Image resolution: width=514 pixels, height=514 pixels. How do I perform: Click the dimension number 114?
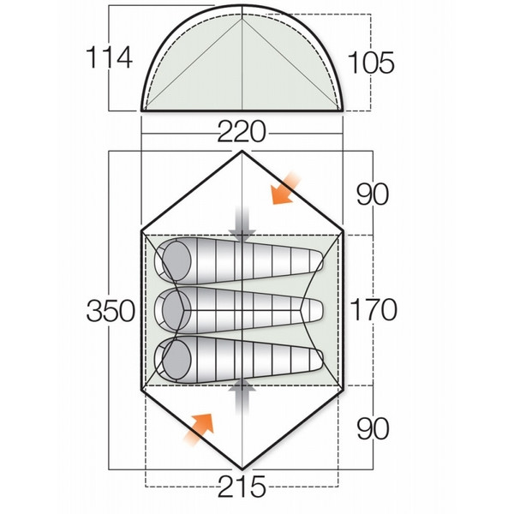pos(110,57)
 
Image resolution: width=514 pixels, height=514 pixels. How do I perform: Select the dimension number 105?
pos(370,63)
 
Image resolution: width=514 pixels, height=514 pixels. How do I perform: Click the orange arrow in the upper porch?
pos(286,188)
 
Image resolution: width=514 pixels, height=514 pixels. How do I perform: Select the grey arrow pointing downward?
pos(243,222)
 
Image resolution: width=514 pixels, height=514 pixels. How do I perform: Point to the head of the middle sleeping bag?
pos(175,306)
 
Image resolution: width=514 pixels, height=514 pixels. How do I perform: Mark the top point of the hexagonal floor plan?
pos(242,152)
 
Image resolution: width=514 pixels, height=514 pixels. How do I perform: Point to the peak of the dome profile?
pos(242,9)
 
